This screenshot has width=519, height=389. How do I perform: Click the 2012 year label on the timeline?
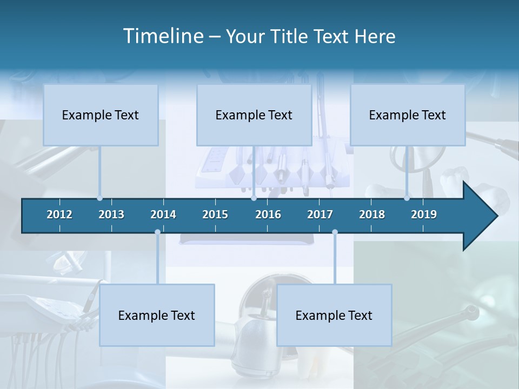click(x=59, y=214)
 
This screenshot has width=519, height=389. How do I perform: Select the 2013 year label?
click(x=111, y=214)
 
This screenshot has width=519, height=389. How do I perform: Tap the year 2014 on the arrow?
click(x=163, y=214)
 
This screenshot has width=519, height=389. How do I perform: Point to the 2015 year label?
click(x=215, y=214)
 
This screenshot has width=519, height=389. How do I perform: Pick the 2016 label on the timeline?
click(x=268, y=214)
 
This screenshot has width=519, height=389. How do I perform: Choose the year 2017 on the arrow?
click(x=320, y=214)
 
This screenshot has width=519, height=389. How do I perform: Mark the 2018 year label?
click(x=372, y=214)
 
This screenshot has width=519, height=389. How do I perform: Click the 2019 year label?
click(x=424, y=214)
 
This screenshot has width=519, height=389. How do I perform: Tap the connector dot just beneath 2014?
click(x=157, y=232)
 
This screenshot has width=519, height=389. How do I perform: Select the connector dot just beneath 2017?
click(x=335, y=232)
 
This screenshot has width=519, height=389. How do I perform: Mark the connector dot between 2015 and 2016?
click(x=254, y=198)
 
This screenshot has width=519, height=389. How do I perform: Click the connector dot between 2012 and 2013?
click(x=99, y=198)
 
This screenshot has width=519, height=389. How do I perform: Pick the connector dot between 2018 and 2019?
click(x=407, y=198)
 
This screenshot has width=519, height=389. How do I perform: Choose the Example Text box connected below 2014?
click(x=157, y=315)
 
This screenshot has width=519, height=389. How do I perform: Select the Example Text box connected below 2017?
click(x=334, y=315)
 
